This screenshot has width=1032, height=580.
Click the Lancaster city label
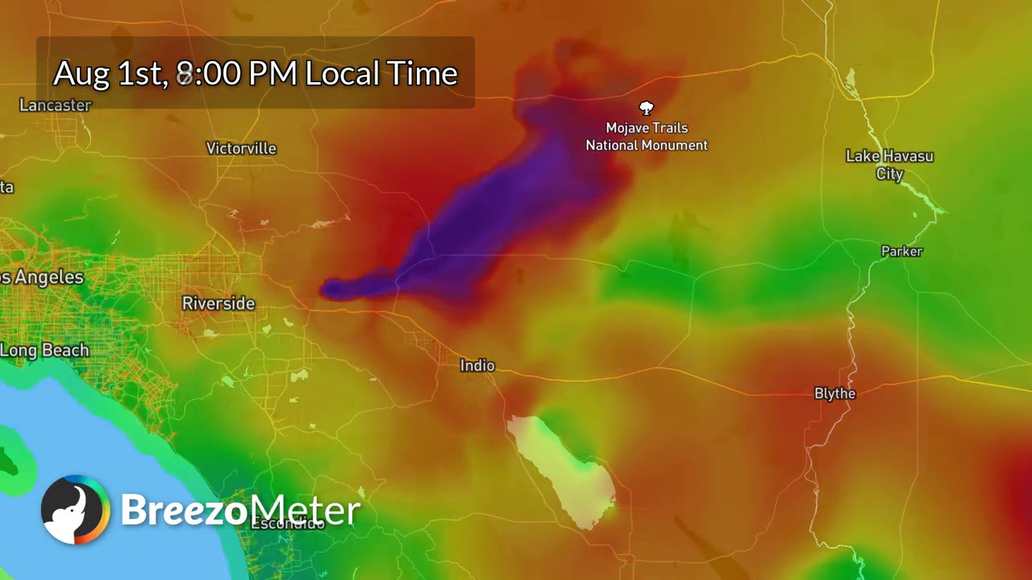55,105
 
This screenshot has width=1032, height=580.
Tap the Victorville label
241,148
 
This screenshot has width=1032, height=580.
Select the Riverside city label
218,304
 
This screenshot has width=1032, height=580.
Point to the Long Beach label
44,350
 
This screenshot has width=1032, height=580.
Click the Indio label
477,366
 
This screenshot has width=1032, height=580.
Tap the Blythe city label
834,393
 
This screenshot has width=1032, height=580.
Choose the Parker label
901,251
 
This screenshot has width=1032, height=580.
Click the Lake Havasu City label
889,164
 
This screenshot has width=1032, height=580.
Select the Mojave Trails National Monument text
647,136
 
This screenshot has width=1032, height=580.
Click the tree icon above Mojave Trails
646,108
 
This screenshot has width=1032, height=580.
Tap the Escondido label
288,524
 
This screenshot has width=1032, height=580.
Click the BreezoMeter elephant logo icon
75,510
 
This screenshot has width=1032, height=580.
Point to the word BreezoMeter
240,510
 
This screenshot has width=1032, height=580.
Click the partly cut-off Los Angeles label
41,277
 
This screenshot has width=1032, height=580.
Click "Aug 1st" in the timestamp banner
110,73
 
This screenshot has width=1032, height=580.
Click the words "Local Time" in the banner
381,73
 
